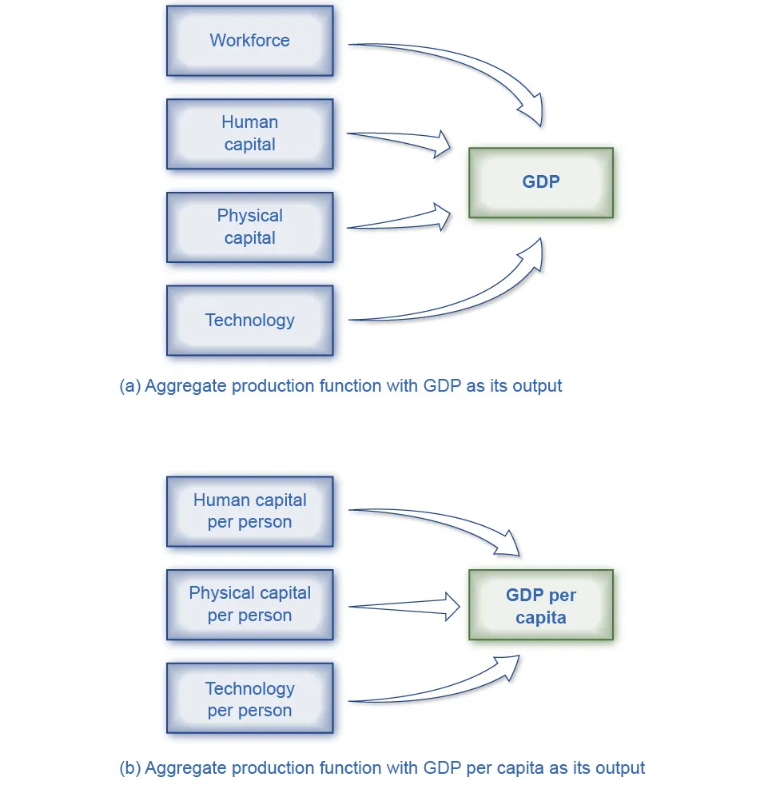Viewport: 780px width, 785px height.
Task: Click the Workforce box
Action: point(249,41)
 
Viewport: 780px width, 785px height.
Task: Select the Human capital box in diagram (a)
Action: point(249,133)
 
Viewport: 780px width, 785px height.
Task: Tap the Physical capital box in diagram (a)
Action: point(249,227)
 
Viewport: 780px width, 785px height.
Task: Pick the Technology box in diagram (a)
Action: point(249,321)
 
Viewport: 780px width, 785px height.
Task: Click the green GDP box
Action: point(541,182)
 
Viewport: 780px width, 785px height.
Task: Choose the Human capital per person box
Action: point(249,512)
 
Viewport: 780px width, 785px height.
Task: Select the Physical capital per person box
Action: point(249,604)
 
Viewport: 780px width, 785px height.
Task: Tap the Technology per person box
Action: point(249,699)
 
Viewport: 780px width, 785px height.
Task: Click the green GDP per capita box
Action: point(541,605)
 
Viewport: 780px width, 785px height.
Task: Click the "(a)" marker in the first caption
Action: point(130,386)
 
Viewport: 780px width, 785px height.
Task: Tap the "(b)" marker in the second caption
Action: point(130,768)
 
